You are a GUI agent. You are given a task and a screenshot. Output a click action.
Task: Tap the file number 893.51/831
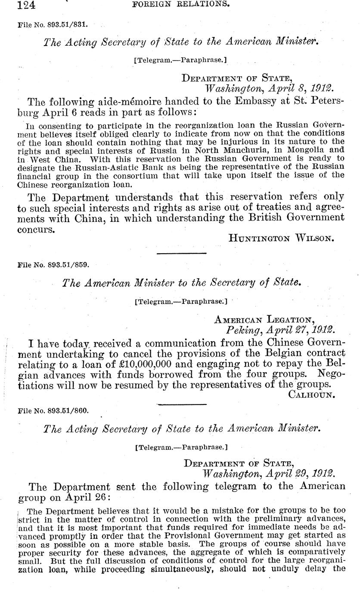pyautogui.click(x=66, y=25)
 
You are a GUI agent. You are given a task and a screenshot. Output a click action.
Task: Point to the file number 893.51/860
pyautogui.click(x=66, y=411)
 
